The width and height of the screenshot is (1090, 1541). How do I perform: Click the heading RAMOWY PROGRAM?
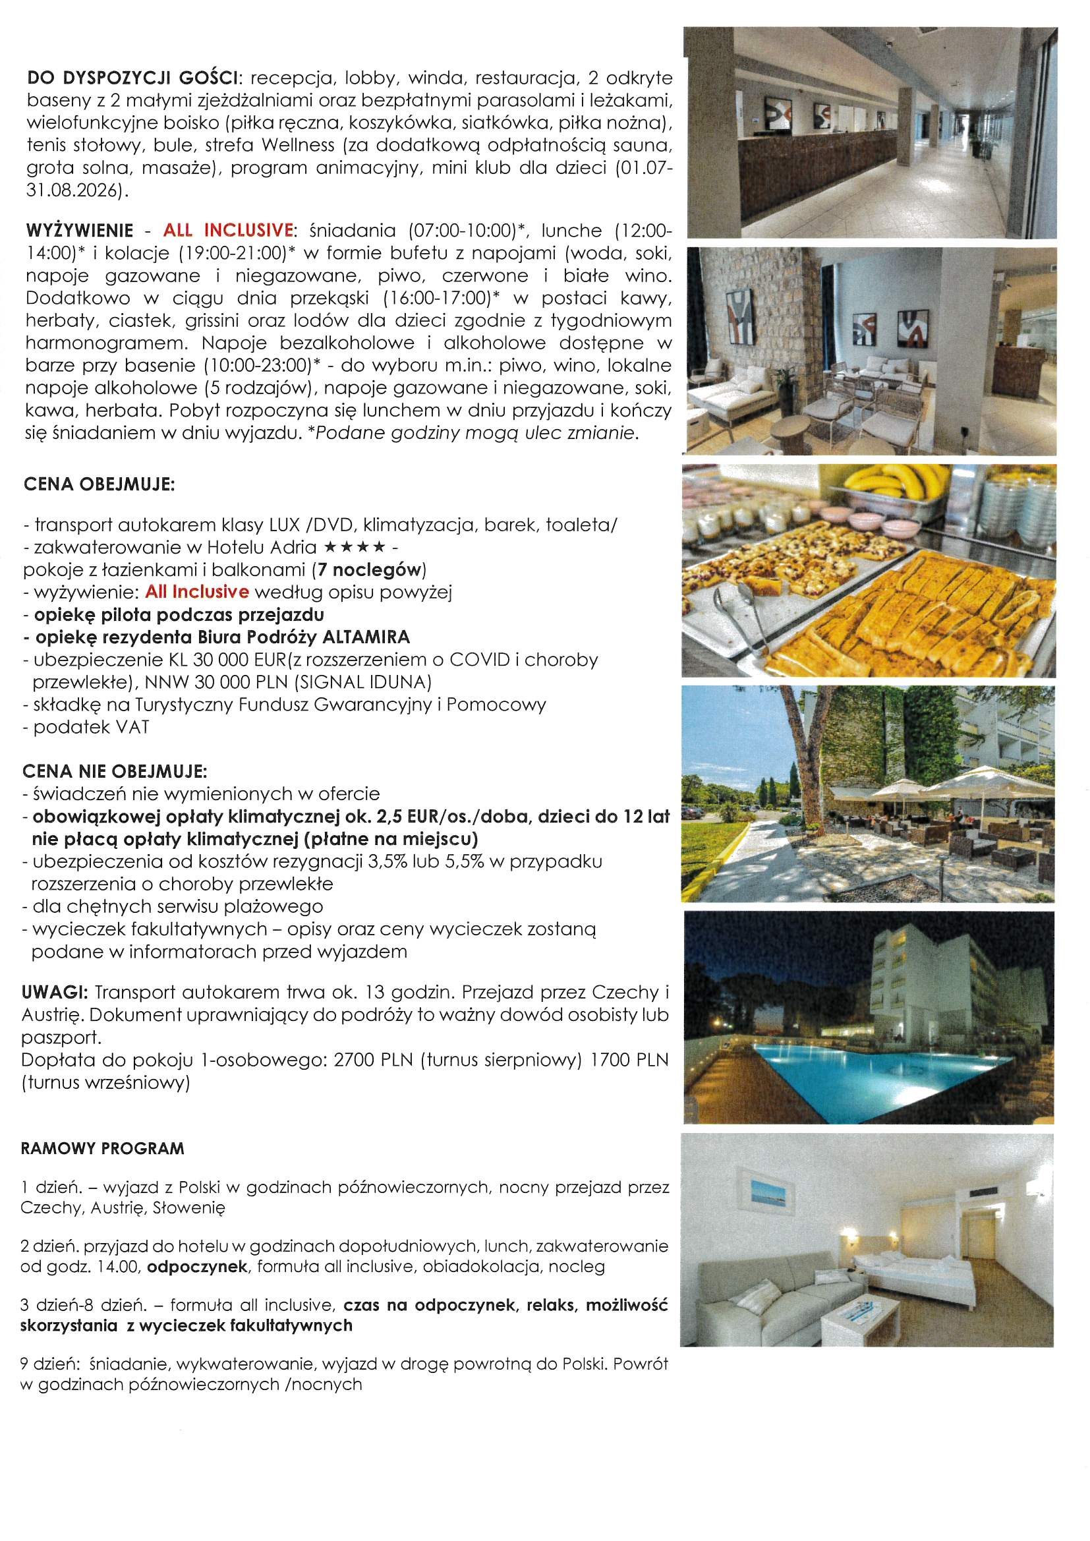pyautogui.click(x=102, y=1148)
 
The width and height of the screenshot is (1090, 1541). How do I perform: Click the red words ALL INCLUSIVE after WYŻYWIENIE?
pyautogui.click(x=228, y=230)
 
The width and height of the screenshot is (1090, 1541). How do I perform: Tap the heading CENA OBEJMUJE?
pyautogui.click(x=100, y=484)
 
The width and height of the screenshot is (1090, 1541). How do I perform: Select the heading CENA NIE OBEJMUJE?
pyautogui.click(x=115, y=771)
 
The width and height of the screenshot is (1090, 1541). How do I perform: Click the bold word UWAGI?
pyautogui.click(x=54, y=992)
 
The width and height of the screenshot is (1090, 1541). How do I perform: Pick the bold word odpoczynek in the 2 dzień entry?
pyautogui.click(x=197, y=1267)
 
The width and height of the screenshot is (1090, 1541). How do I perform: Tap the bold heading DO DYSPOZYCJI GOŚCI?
pyautogui.click(x=134, y=78)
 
